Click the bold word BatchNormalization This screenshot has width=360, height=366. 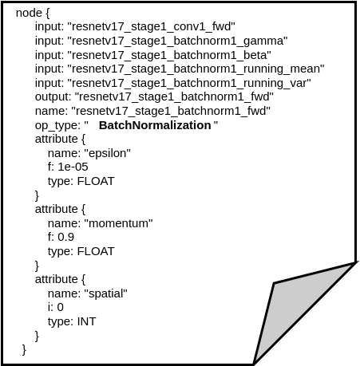[155, 125]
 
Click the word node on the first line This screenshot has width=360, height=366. [29, 13]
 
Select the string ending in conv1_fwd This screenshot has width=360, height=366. [151, 26]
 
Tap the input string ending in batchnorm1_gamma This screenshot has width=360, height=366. [177, 41]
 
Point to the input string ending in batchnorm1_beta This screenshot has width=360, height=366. [169, 55]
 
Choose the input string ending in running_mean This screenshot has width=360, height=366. [196, 69]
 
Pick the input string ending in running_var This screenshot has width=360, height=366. [189, 83]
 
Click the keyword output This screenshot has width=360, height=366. [52, 96]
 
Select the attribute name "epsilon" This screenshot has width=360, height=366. [108, 153]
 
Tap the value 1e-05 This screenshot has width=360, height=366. [73, 167]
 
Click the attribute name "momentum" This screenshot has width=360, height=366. [119, 223]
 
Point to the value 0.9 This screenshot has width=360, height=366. [66, 237]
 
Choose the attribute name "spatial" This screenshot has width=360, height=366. [106, 293]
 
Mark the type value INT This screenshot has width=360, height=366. [86, 321]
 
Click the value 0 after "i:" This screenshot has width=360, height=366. [61, 307]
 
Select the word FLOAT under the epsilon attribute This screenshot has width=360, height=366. [96, 181]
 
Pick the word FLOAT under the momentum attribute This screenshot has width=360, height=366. [96, 251]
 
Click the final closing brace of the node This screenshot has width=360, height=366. [24, 349]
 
